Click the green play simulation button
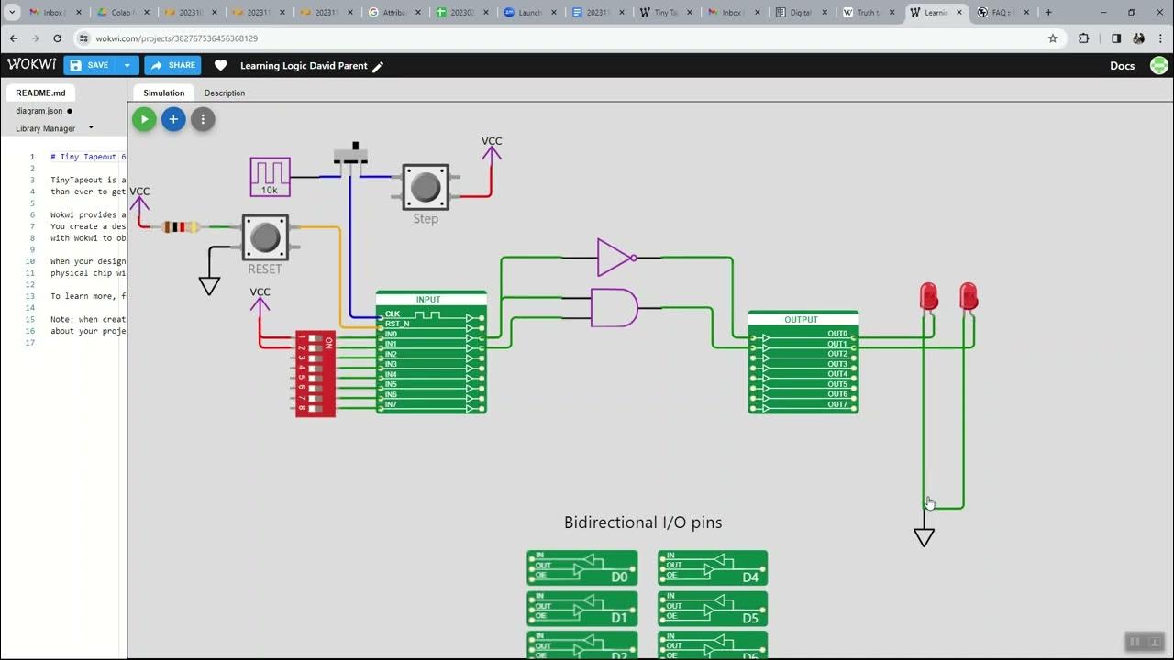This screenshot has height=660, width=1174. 144,119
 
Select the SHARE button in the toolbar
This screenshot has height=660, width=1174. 172,65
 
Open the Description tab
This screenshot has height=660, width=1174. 224,93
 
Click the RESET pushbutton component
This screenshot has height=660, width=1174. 265,237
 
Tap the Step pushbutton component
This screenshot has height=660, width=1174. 426,187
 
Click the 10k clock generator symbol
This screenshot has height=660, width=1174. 270,177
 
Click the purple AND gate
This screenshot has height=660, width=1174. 613,308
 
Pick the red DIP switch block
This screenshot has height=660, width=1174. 315,374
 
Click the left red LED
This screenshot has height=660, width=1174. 928,297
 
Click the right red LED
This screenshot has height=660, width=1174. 969,297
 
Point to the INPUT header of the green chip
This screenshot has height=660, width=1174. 429,299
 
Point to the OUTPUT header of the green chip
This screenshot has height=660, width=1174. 802,319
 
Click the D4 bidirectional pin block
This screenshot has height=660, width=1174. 713,567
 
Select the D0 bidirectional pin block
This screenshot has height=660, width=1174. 581,567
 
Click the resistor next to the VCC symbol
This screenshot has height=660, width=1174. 180,226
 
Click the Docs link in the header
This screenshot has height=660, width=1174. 1122,66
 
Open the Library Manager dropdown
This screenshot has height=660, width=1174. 54,128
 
